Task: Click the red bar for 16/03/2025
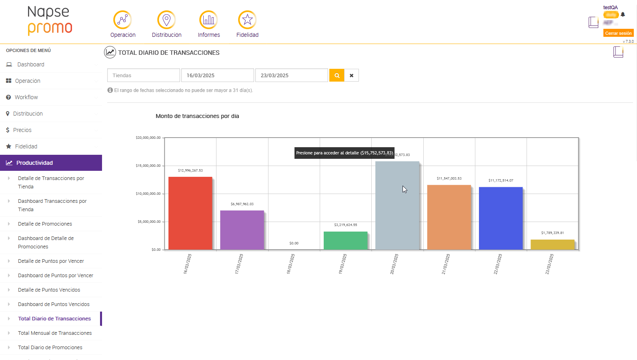pos(190,213)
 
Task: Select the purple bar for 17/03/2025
pos(242,230)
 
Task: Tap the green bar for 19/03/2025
pos(345,240)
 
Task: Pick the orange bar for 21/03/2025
pos(449,217)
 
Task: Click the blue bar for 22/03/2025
pos(501,218)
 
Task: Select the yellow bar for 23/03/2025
pos(552,244)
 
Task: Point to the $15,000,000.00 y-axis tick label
pos(148,166)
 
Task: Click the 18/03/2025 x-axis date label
pos(291,264)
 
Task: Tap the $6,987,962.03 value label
pos(242,204)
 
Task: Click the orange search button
pos(337,75)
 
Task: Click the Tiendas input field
pos(143,75)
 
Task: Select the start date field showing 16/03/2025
pos(217,75)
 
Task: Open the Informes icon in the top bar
pos(208,20)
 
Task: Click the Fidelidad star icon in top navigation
pos(247,20)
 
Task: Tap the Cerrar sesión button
pos(618,33)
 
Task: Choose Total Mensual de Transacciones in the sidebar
pos(55,333)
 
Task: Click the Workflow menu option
pos(26,97)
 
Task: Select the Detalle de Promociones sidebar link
pos(45,224)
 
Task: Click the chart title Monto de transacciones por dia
pos(197,116)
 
